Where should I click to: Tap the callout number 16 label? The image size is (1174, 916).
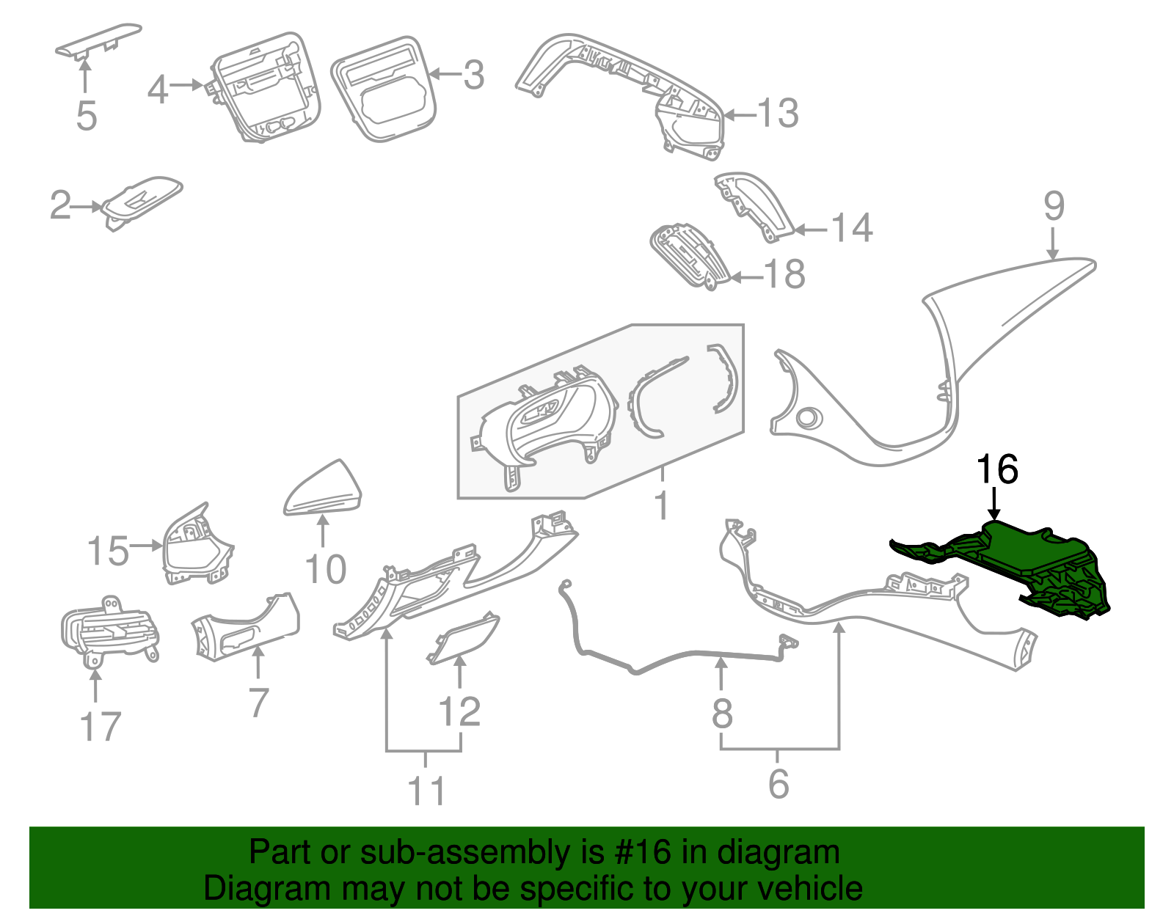click(996, 469)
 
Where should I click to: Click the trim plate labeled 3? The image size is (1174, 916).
click(382, 88)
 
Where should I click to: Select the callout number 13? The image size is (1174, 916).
click(777, 114)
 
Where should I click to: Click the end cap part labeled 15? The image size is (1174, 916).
click(194, 546)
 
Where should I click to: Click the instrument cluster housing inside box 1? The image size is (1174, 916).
click(543, 425)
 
